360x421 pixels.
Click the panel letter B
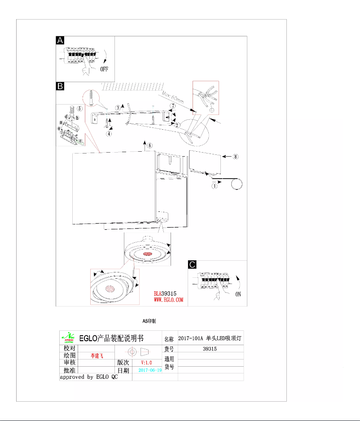(x=60, y=86)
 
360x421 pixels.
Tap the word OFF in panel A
(x=105, y=69)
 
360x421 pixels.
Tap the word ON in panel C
(x=238, y=294)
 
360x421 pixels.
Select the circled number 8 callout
(x=236, y=157)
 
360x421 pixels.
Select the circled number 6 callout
(x=150, y=145)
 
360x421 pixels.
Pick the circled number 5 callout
(x=79, y=108)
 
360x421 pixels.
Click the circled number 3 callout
(x=118, y=107)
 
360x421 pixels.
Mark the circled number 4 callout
(x=110, y=133)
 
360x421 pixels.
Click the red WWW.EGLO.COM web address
(x=169, y=299)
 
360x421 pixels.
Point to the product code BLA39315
(x=167, y=292)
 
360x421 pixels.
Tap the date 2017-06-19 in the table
(x=150, y=370)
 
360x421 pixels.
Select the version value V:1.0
(x=147, y=362)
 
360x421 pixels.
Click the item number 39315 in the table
(x=210, y=348)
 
